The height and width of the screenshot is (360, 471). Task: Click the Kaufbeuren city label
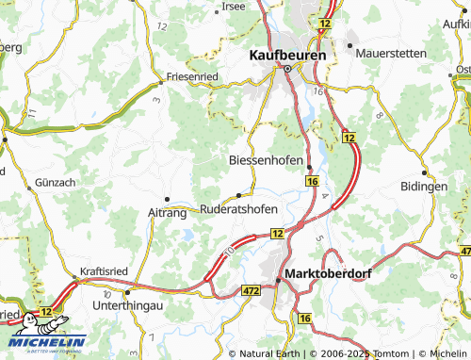(287, 55)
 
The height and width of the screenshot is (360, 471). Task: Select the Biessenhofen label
(267, 160)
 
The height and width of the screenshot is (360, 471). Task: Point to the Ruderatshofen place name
(238, 209)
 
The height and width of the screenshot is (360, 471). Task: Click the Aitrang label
(167, 214)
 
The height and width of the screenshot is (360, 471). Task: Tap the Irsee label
(234, 6)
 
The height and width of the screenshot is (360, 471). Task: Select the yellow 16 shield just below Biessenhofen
(312, 180)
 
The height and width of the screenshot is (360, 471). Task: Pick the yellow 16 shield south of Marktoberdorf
(304, 319)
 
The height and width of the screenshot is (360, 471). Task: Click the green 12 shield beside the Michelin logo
(45, 310)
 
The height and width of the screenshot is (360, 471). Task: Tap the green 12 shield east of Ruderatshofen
(277, 232)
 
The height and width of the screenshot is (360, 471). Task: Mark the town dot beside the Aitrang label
(167, 199)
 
